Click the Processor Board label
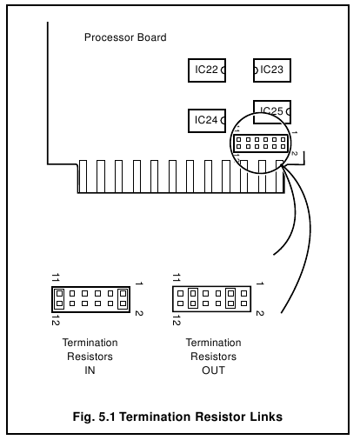point(125,38)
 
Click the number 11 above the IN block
point(56,277)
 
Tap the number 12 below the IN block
point(56,320)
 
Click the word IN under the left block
point(90,370)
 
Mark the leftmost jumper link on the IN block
point(59,299)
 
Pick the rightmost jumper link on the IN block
point(123,299)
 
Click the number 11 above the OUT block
point(178,277)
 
